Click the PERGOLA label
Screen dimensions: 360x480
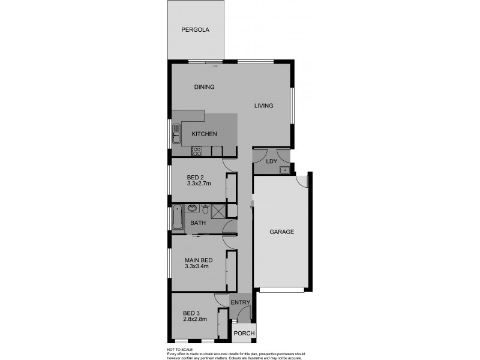pyautogui.click(x=195, y=29)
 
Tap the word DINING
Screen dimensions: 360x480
pyautogui.click(x=204, y=87)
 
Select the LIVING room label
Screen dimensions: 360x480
pyautogui.click(x=263, y=106)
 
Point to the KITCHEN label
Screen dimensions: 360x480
pyautogui.click(x=204, y=134)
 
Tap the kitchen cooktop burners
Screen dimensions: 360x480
pyautogui.click(x=197, y=151)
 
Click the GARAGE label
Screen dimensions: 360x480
pyautogui.click(x=281, y=232)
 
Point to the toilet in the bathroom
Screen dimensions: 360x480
pyautogui.click(x=206, y=210)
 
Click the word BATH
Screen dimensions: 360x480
pyautogui.click(x=198, y=223)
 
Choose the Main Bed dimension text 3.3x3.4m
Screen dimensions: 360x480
pyautogui.click(x=197, y=266)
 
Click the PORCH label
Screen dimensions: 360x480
pyautogui.click(x=245, y=334)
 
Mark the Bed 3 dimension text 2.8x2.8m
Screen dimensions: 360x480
pyautogui.click(x=194, y=319)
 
